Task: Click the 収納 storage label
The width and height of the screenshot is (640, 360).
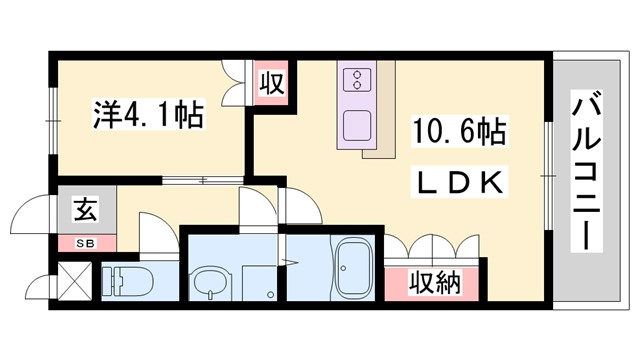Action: (x=435, y=283)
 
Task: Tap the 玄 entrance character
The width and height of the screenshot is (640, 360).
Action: (x=83, y=212)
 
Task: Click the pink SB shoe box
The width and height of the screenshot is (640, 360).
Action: (x=83, y=242)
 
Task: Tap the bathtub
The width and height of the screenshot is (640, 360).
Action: (x=352, y=269)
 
